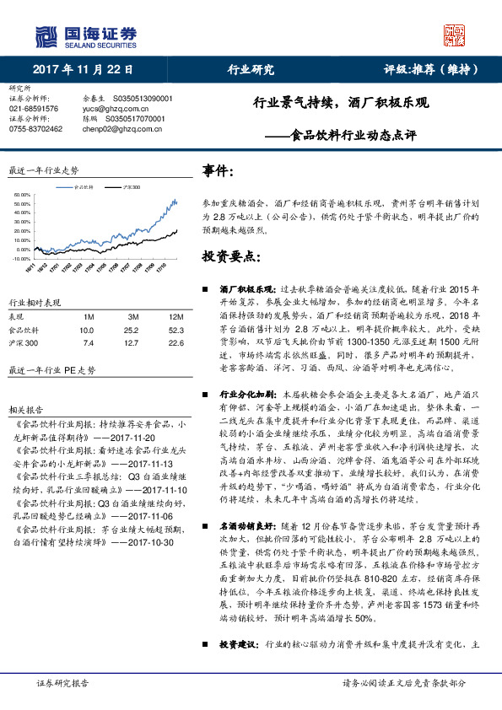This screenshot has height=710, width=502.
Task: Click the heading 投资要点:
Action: (x=229, y=255)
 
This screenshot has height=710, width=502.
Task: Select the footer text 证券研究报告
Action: (x=38, y=682)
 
